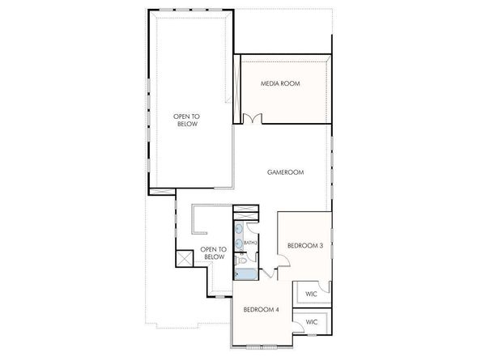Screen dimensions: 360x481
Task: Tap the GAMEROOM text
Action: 285,172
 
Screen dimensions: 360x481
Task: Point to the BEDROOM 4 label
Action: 263,308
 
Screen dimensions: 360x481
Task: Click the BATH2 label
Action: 251,243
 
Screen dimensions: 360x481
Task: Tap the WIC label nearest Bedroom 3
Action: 312,293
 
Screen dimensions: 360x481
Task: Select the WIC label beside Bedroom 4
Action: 312,322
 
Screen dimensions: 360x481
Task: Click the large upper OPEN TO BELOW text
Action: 186,121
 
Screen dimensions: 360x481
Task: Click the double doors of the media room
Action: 253,119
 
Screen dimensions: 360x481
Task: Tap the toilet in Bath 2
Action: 243,260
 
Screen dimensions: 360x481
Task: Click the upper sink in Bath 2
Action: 239,230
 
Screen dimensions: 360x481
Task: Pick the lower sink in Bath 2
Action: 239,243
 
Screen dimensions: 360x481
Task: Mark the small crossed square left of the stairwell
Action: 183,260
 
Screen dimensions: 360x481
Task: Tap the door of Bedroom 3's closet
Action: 325,286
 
